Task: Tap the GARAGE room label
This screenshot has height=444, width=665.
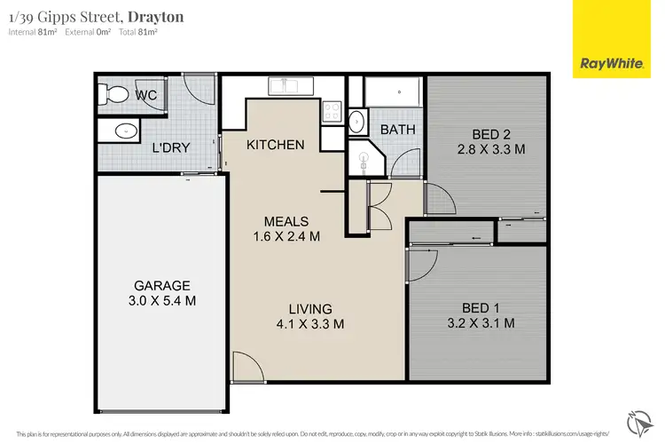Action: tap(162, 286)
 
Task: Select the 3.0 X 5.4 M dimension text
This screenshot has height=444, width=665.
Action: tap(162, 301)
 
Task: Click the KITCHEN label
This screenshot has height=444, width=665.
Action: tap(276, 145)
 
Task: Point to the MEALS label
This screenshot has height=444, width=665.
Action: tap(285, 221)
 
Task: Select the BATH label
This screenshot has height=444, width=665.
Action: tap(398, 130)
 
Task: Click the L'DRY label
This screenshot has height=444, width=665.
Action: tap(170, 148)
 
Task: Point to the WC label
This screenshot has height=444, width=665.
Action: tap(145, 94)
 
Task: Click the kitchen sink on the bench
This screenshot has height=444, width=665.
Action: tap(288, 86)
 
